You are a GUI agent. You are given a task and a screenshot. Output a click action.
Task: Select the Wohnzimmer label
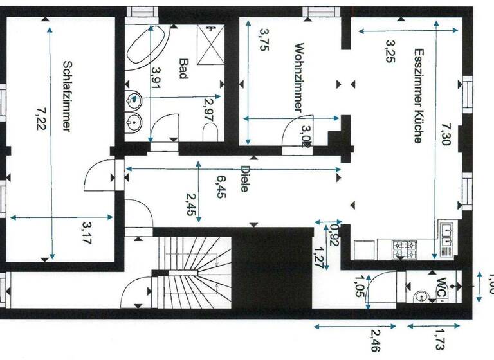point(298,77)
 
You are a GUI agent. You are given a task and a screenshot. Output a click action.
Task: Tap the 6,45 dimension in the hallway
point(221,187)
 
